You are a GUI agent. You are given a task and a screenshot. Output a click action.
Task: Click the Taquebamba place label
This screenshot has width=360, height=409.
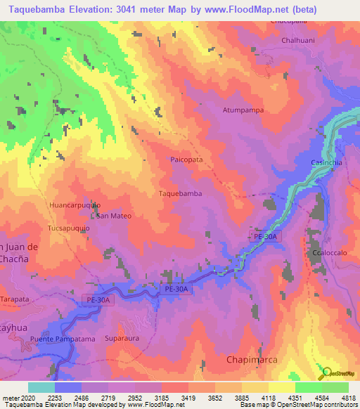pos(181,193)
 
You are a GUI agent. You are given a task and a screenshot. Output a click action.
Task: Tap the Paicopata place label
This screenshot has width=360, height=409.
pos(186,160)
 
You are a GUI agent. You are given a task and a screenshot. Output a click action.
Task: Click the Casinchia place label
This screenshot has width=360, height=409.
pos(326,162)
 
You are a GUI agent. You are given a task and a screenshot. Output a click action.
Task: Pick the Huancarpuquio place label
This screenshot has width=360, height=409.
pos(75,204)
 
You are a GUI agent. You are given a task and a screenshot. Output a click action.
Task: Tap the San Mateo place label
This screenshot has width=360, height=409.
pos(114,216)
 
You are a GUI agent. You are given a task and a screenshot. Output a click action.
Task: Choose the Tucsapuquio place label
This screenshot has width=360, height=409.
pos(69,228)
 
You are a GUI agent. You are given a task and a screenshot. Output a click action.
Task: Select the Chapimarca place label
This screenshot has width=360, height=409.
pos(252,359)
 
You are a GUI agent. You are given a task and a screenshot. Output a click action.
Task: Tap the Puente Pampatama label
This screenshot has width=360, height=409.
pos(62,339)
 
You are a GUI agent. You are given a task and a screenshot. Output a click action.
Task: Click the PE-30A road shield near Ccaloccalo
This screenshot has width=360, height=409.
pos(266,238)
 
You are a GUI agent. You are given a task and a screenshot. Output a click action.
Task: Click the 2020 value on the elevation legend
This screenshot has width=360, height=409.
pos(26,397)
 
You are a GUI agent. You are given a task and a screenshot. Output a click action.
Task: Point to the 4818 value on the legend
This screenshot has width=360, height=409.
pos(348,397)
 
